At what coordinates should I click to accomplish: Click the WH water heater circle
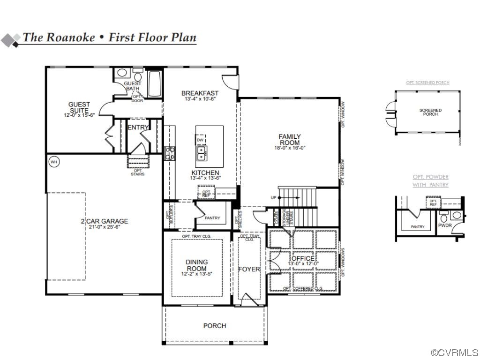pos(54,162)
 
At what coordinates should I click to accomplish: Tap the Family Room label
pos(290,139)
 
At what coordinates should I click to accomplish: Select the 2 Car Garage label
pos(104,221)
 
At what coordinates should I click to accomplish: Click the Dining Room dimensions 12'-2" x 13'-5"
pos(196,274)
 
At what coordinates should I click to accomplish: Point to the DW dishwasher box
pos(200,140)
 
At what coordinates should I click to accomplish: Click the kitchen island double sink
pos(202,151)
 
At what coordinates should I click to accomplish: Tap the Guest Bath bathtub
pos(155,84)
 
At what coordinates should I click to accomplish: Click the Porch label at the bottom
pos(215,326)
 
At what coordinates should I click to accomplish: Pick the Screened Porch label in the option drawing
pos(430,112)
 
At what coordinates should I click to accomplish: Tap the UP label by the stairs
pos(273,198)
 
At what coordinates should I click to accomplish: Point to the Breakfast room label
pos(200,93)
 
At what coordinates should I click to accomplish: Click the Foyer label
pos(249,269)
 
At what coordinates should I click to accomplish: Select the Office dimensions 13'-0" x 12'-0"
pos(303,264)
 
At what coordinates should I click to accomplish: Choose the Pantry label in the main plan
pos(212,218)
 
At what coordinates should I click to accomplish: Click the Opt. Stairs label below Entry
pos(138,172)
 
